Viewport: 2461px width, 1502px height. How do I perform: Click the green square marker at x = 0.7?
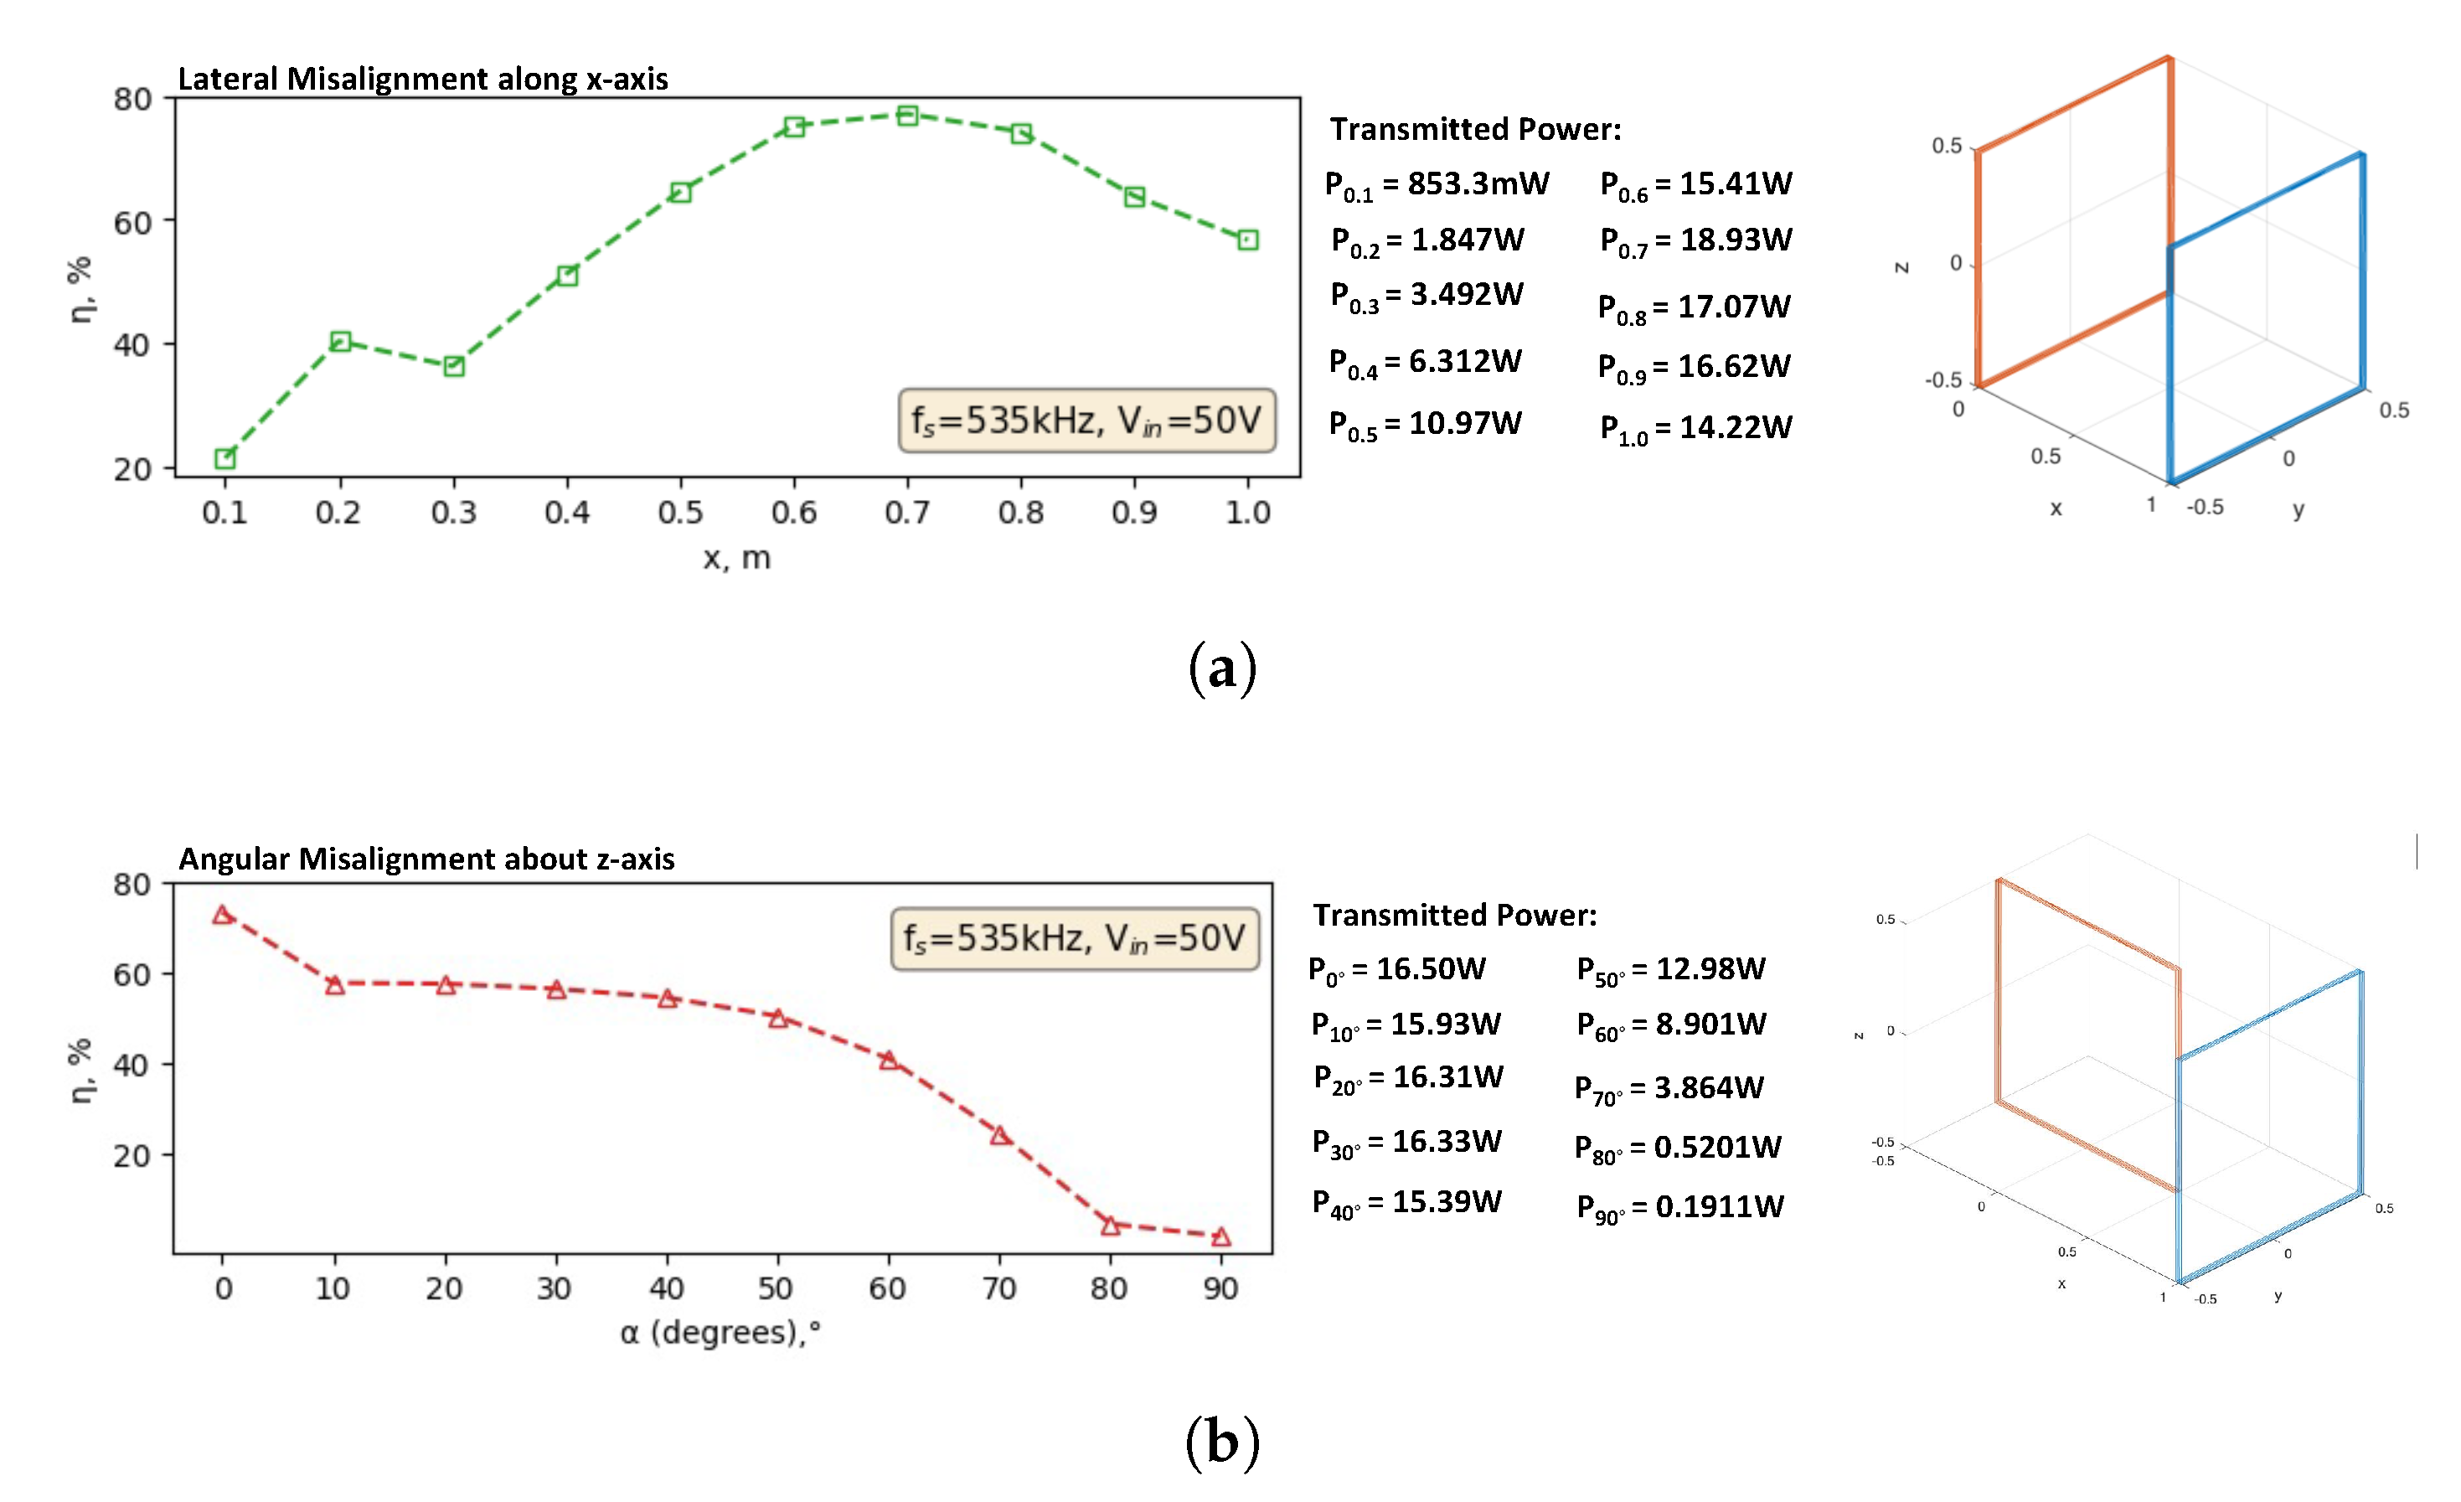(907, 116)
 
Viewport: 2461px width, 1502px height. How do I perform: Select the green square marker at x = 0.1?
(224, 458)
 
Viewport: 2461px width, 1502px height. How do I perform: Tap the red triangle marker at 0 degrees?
(223, 915)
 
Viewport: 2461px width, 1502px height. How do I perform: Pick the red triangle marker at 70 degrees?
(1000, 1135)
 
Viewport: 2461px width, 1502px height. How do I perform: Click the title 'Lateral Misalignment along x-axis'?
(422, 79)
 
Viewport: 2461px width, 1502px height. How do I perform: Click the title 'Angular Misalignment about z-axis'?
(426, 859)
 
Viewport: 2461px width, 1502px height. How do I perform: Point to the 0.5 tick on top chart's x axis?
(680, 513)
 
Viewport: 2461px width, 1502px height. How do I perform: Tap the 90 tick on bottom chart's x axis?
(1220, 1288)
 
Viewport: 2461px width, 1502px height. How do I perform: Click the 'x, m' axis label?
(737, 557)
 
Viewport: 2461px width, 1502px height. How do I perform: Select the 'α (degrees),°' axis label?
(720, 1332)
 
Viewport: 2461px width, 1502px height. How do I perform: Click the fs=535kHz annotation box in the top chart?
(1086, 421)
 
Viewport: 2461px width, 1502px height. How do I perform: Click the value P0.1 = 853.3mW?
(1437, 185)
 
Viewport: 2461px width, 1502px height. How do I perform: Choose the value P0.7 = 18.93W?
(1696, 240)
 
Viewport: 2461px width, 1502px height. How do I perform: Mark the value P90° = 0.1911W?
(1680, 1207)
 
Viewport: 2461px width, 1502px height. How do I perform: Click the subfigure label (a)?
(1221, 668)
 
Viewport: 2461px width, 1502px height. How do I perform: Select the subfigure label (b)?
(1221, 1442)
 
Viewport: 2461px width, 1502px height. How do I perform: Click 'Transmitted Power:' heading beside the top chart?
(1474, 129)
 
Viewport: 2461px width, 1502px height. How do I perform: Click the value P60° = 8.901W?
(1671, 1025)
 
